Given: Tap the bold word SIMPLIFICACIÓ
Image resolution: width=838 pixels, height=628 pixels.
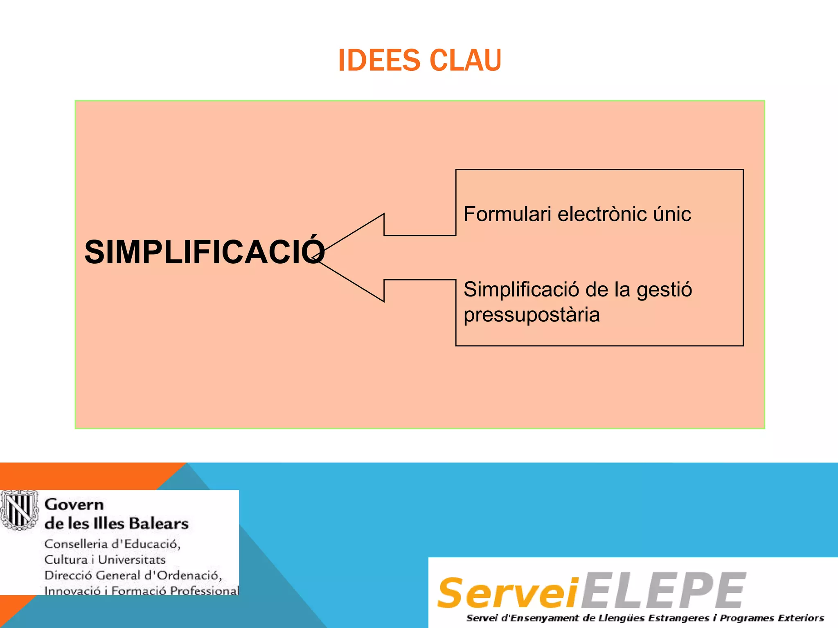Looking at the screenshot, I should (x=204, y=252).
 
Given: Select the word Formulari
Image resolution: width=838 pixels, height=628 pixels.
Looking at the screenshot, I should (x=507, y=214).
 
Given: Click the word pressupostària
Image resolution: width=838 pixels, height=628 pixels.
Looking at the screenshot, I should (x=532, y=315).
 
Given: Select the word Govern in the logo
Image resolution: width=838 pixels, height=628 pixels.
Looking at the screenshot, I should (x=74, y=505).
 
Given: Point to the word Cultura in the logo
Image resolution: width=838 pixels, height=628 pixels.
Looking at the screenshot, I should (x=66, y=559).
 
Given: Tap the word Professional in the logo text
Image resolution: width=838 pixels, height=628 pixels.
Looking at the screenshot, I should (x=204, y=590).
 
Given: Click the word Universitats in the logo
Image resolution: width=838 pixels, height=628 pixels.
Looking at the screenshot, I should (x=132, y=559).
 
